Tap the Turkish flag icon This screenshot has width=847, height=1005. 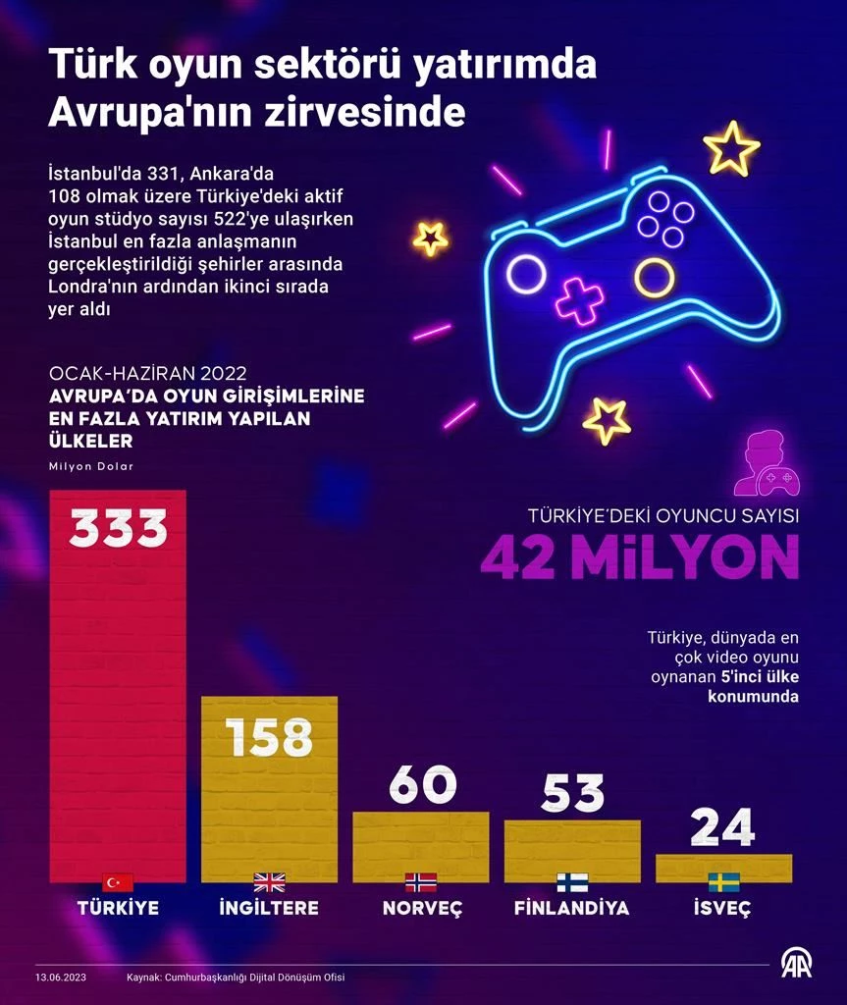[x=118, y=881]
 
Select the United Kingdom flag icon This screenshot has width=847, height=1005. [x=269, y=881]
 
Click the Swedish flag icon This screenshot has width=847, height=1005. [x=723, y=881]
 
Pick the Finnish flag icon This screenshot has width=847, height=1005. [x=572, y=881]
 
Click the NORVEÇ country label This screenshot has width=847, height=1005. [x=422, y=908]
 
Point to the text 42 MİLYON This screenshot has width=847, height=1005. [x=639, y=557]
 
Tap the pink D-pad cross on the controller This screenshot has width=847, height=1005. [x=580, y=300]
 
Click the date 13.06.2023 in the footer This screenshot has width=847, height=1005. [x=62, y=978]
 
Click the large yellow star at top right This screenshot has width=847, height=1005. [x=732, y=147]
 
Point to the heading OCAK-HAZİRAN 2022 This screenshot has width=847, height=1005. [x=147, y=375]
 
